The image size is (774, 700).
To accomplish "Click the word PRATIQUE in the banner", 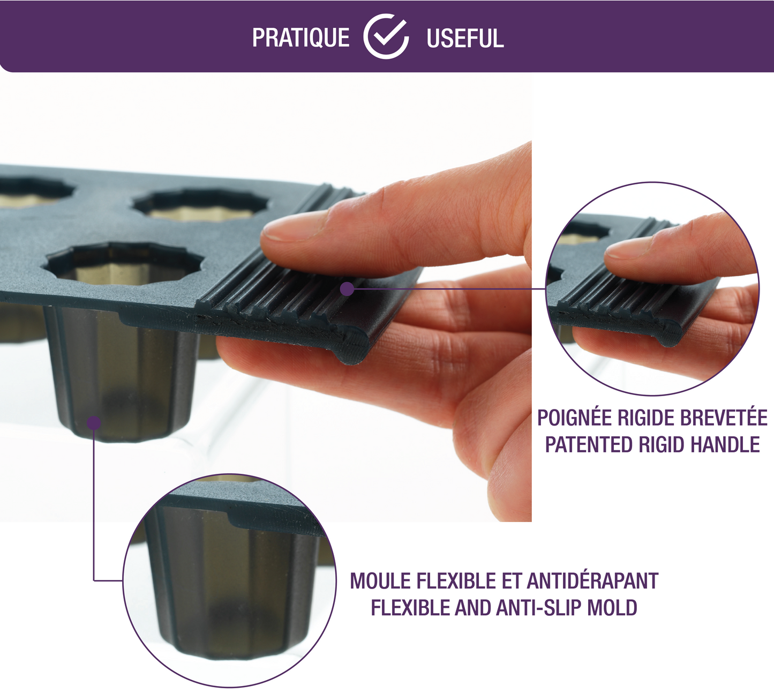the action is [300, 38].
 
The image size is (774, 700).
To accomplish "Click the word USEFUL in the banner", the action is [465, 38].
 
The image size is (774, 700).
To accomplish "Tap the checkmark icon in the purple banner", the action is [386, 36].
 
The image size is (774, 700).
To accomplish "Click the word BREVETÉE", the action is [724, 418].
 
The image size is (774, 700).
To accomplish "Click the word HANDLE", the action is [725, 445].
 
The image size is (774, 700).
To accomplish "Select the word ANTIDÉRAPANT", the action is [592, 580].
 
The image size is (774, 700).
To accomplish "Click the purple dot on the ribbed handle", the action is [347, 288].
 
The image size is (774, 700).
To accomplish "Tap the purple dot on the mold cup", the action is [94, 423].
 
